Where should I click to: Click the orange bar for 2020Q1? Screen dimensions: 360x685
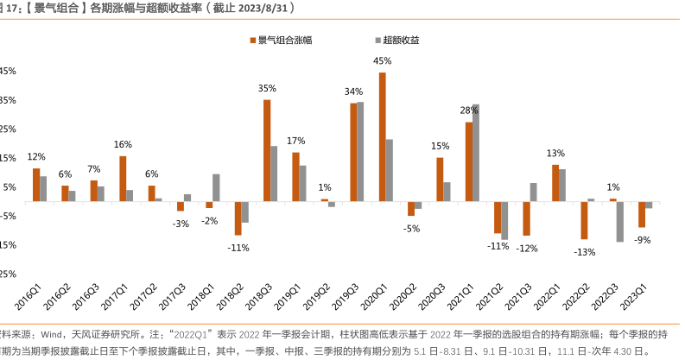pos(382,136)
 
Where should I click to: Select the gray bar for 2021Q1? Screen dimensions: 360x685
pos(475,152)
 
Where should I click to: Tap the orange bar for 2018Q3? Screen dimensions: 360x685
pos(267,150)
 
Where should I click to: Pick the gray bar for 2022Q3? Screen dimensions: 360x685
pos(619,221)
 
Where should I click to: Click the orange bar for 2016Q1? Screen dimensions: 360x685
pos(36,185)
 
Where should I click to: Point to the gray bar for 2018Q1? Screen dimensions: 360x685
pos(216,187)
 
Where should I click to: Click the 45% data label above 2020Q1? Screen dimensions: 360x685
pos(382,61)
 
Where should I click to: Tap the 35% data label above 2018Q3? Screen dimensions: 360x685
pos(267,88)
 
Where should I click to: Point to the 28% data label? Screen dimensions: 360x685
pos(469,111)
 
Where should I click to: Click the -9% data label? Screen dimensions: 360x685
pos(642,239)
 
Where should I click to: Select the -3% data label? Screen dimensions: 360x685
pos(181,224)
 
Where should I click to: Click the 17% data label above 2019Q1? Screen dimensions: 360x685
pos(295,141)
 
